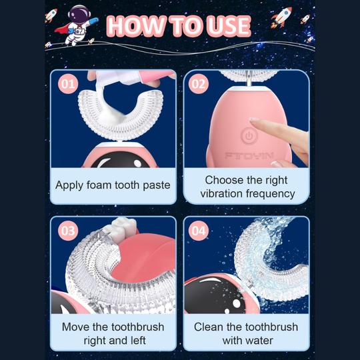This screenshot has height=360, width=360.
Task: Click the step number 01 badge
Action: click(x=68, y=84)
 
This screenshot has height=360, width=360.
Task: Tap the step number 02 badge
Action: click(x=199, y=84)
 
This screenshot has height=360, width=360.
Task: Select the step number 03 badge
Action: click(x=68, y=231)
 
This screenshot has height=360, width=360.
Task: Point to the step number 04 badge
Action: click(x=199, y=231)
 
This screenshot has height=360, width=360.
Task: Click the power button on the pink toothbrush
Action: click(x=249, y=136)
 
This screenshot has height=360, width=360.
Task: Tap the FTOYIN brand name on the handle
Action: click(x=249, y=156)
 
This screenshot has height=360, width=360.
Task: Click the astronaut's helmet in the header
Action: click(x=79, y=14)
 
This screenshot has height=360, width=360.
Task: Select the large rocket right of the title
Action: click(x=281, y=17)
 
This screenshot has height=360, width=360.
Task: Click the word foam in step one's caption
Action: click(x=99, y=185)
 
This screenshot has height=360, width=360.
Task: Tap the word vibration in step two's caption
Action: click(x=221, y=193)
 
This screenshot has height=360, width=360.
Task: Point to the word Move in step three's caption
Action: click(x=75, y=327)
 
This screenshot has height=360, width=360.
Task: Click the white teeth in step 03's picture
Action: click(x=120, y=229)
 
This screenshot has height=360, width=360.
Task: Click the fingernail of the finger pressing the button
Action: click(x=255, y=119)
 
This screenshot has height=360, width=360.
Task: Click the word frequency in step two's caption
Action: click(x=271, y=194)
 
